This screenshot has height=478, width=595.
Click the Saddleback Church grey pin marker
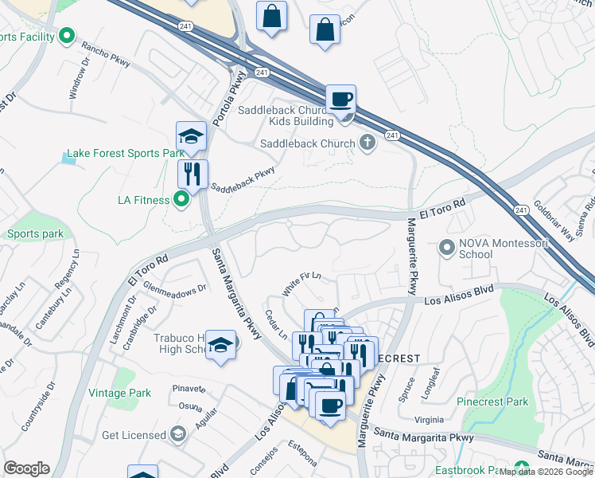367,143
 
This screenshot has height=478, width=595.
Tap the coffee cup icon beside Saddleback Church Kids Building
341,100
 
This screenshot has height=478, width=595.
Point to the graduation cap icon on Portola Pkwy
192,136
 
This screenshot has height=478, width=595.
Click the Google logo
26,468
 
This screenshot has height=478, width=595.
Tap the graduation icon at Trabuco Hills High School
220,345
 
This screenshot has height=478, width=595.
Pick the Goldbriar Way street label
554,222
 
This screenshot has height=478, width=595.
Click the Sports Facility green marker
67,36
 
